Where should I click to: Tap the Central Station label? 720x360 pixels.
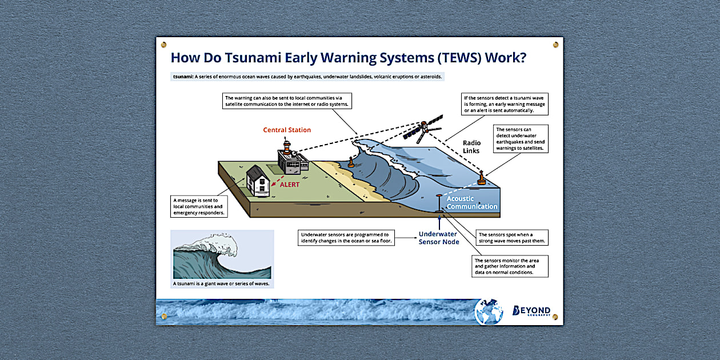287,130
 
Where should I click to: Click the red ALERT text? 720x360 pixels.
289,185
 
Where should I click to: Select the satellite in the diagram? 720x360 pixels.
422,129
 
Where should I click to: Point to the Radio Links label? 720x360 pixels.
471,147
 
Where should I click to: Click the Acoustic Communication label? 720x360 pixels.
472,202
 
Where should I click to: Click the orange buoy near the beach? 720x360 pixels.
351,163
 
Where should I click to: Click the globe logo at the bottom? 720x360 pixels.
489,312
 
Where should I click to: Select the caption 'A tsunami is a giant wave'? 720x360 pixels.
221,283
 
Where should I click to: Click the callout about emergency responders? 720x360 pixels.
199,207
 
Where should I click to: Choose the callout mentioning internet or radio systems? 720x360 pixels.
287,101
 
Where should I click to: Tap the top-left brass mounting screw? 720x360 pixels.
163,45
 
